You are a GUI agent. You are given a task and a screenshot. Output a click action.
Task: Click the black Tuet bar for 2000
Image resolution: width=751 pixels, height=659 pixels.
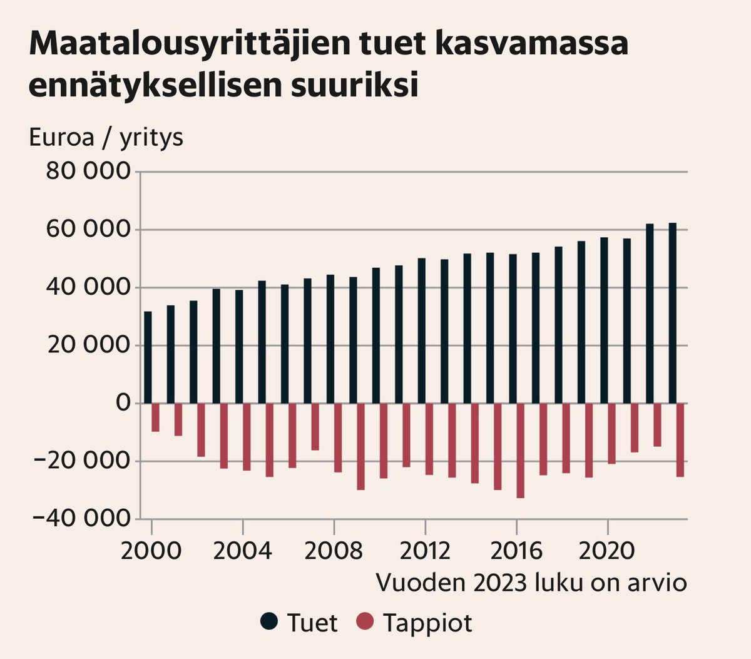click(x=148, y=357)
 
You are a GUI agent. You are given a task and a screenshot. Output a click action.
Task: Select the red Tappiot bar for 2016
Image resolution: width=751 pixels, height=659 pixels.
click(x=520, y=451)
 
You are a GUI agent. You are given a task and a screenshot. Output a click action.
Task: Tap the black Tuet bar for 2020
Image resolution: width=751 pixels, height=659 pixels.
click(x=604, y=320)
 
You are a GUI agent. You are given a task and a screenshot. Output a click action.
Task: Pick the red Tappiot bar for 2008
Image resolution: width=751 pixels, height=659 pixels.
click(x=338, y=437)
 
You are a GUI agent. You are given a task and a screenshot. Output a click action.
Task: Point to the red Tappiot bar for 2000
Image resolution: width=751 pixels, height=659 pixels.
click(x=155, y=417)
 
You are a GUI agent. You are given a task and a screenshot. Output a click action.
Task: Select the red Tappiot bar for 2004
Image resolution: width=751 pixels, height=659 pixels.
click(x=247, y=437)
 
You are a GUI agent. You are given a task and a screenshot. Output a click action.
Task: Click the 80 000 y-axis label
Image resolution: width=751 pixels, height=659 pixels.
click(x=88, y=171)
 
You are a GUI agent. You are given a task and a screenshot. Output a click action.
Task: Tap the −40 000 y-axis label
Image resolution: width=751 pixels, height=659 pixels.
click(x=81, y=519)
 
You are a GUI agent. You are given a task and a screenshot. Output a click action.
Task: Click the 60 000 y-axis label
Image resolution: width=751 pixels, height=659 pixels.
click(x=88, y=230)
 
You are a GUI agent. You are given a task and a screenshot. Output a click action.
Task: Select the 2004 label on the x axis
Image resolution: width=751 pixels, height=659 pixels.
click(x=242, y=551)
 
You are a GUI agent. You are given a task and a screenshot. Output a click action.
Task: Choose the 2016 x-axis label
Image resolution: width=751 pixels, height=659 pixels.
click(x=516, y=551)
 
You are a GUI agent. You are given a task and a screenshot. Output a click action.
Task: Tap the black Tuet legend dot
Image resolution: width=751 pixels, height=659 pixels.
click(x=269, y=622)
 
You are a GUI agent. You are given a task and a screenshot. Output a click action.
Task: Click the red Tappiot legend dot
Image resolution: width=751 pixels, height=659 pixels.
click(x=365, y=622)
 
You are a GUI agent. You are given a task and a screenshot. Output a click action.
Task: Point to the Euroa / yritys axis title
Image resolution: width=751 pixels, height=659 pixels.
click(x=106, y=137)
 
